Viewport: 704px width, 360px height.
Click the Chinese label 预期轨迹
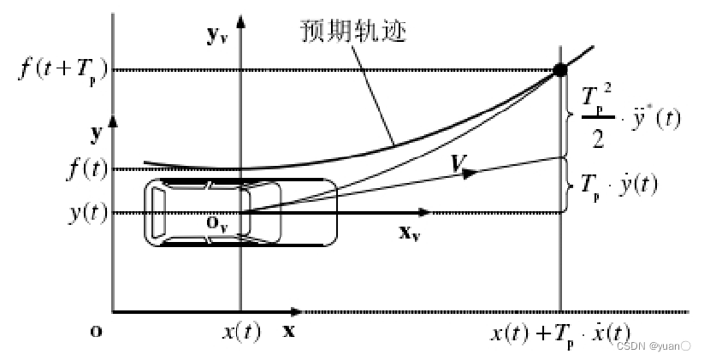click(x=352, y=31)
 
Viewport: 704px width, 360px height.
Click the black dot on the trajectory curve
click(x=560, y=70)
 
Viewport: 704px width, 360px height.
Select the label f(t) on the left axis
click(x=87, y=168)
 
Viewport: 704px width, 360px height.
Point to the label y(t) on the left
click(x=87, y=212)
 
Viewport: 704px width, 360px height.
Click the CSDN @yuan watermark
click(x=654, y=346)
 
